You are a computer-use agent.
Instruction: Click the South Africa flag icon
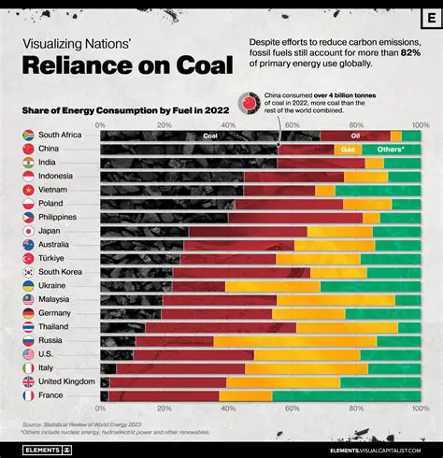coord(28,136)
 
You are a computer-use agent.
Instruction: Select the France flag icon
coord(28,396)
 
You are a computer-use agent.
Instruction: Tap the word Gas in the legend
coord(348,150)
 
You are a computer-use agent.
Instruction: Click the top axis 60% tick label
coord(292,124)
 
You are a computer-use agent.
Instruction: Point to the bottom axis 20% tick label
coord(164,409)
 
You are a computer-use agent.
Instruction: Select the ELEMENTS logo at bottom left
coord(43,449)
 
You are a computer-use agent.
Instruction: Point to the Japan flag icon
coord(28,231)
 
